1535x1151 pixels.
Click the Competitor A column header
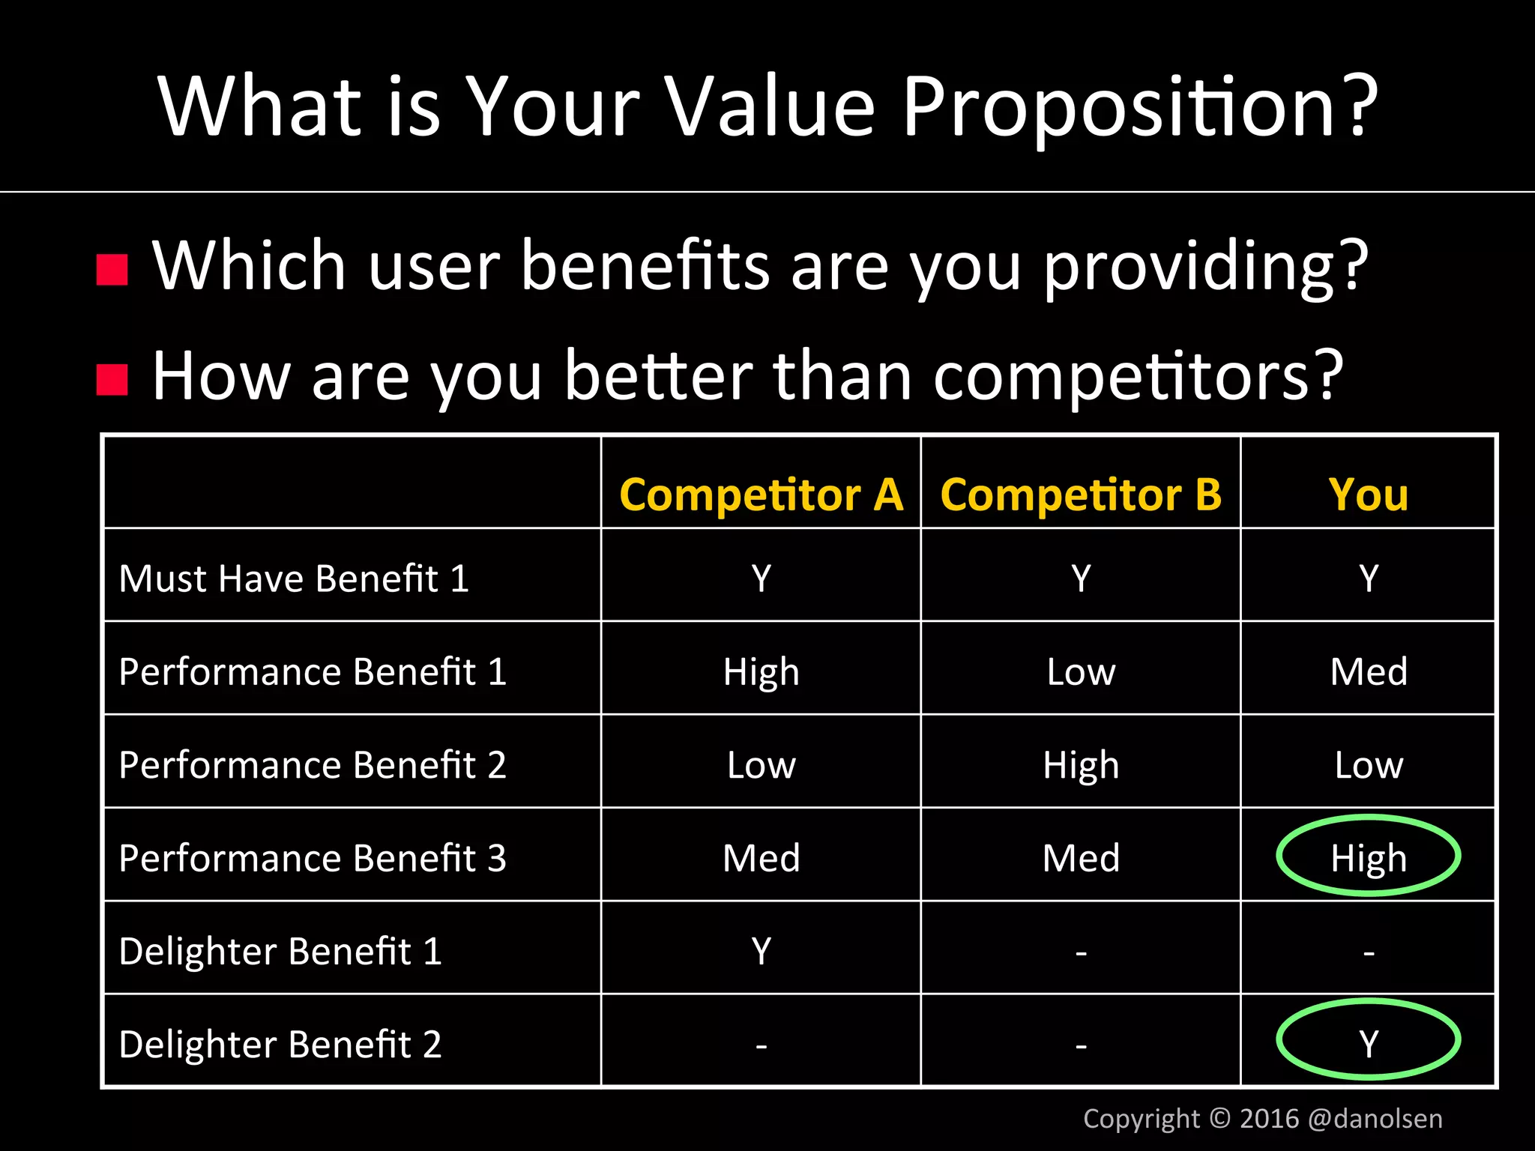(761, 495)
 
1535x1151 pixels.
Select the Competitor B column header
(1080, 495)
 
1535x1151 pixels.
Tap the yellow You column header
(1368, 495)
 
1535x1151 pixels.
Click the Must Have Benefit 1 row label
(294, 578)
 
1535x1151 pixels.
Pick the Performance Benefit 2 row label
(313, 765)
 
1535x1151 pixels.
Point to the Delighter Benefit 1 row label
(280, 952)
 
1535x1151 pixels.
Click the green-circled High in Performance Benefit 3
(1368, 857)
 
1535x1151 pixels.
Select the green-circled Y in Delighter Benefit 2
(1368, 1042)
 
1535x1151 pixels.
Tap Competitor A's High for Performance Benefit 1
(761, 672)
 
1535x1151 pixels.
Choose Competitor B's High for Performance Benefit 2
(1080, 765)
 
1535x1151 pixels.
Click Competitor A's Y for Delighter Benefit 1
(761, 952)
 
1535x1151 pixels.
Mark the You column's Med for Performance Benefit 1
(1368, 672)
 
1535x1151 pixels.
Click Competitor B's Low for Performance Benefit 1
(1080, 672)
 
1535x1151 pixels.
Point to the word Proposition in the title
(1139, 109)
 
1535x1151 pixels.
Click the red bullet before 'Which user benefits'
(112, 271)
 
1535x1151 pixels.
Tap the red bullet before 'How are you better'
(112, 380)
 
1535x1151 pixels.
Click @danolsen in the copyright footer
(1375, 1119)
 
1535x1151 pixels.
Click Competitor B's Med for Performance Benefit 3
(1080, 858)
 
